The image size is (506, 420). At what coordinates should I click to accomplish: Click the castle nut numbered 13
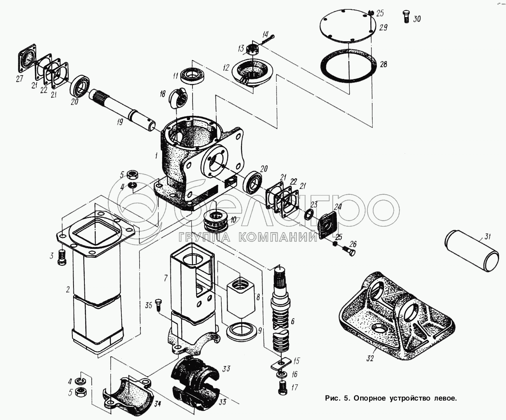(252, 49)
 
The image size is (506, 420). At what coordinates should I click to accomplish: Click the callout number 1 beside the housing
(156, 156)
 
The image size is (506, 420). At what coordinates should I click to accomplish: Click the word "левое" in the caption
(442, 398)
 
